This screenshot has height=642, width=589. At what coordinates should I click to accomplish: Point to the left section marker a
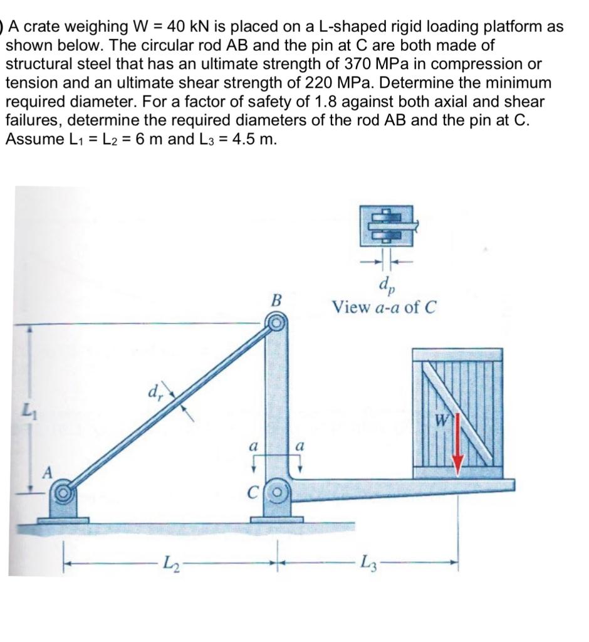(253, 449)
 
